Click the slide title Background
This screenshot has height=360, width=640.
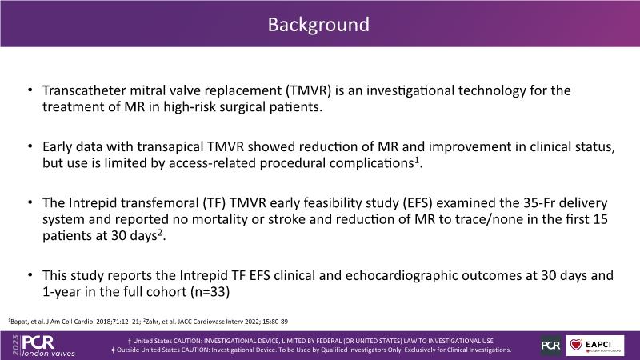(x=318, y=25)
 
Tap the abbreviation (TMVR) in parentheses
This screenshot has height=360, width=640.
(x=308, y=90)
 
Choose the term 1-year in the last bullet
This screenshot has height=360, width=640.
(x=56, y=292)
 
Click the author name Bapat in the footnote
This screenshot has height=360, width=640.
(x=18, y=322)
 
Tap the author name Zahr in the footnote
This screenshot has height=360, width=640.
(x=153, y=322)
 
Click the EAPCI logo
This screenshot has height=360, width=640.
(x=594, y=346)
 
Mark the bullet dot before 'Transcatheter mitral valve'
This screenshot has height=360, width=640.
(x=30, y=90)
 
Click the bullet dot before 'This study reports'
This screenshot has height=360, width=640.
(x=30, y=274)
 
